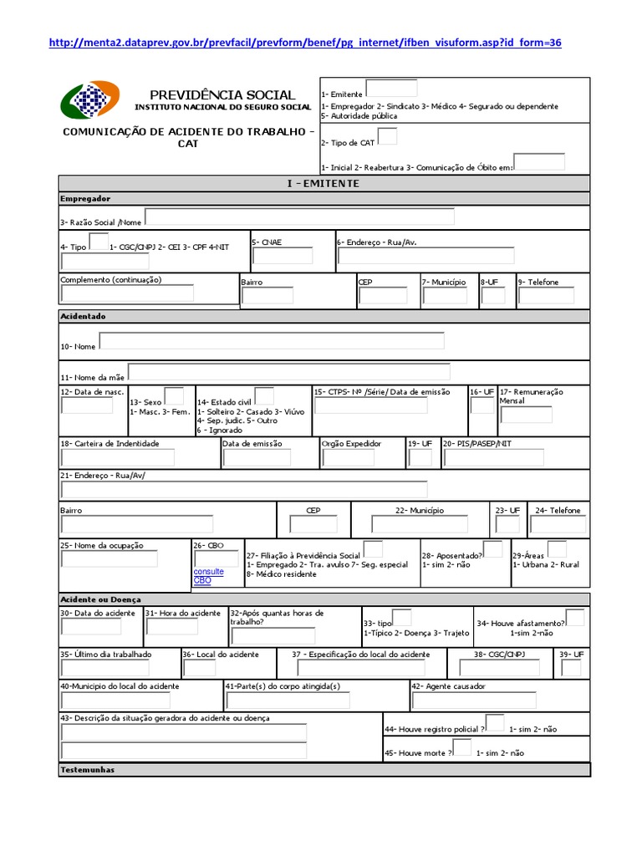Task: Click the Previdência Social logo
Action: (x=90, y=99)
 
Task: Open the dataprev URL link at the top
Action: (x=305, y=42)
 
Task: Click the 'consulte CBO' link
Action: (x=208, y=576)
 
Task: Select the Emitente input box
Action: (x=391, y=88)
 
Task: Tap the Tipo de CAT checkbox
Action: (x=388, y=136)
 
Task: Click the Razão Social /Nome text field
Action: (x=299, y=217)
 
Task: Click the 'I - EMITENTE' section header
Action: (x=324, y=183)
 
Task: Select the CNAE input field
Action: (x=283, y=256)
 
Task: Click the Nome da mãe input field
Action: (x=288, y=372)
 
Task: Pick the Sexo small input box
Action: (x=174, y=396)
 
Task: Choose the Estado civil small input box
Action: (x=264, y=396)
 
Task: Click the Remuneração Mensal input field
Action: (x=526, y=415)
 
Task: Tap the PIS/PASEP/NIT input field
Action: (x=492, y=457)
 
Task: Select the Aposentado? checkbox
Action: (x=493, y=549)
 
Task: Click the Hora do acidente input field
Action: (x=171, y=627)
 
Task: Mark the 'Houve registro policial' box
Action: (x=495, y=723)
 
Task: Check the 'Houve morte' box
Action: (x=461, y=747)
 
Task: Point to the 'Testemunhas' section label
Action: (x=88, y=770)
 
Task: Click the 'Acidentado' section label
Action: (x=83, y=317)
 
